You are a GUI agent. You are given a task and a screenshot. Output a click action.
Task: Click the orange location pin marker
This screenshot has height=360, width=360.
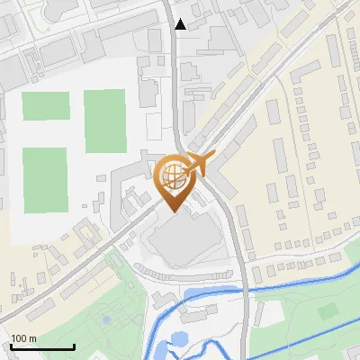[174, 180]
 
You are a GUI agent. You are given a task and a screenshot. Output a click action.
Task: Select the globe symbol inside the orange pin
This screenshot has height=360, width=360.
[173, 174]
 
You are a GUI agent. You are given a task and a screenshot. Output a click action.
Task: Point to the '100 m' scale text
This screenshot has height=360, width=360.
[23, 338]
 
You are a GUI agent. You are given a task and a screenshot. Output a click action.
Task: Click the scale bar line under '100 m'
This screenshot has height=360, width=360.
[42, 346]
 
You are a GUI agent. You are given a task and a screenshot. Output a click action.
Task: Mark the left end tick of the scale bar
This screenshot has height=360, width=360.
[12, 346]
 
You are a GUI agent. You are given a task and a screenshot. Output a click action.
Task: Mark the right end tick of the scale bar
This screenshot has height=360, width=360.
[74, 346]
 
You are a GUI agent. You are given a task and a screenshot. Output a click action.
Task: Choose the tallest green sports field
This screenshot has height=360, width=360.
[104, 121]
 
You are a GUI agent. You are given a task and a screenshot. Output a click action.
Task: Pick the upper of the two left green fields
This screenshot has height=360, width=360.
[44, 106]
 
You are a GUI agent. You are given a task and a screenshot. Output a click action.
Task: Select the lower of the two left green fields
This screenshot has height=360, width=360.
[45, 175]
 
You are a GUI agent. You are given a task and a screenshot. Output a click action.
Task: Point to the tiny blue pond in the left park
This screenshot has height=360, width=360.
[106, 318]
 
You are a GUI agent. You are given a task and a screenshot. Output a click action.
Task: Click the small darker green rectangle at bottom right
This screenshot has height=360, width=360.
[327, 310]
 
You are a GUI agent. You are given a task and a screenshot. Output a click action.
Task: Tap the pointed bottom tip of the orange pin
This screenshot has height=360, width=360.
[174, 211]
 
